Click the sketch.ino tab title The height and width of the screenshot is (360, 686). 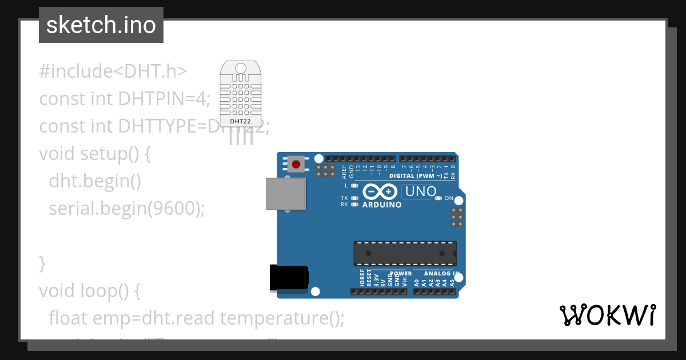101,25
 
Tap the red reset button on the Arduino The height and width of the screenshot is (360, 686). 296,165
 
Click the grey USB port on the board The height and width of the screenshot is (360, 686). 286,193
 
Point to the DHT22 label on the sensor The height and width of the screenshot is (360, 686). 240,121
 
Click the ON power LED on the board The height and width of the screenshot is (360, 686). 438,198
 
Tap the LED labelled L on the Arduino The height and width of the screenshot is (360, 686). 354,186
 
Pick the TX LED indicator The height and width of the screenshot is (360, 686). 354,198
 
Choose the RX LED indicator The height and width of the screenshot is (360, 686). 354,204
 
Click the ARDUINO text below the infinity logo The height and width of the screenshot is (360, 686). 382,205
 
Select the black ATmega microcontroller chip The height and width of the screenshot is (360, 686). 405,253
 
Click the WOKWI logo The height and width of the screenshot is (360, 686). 607,315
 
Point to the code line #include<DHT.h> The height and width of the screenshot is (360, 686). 113,71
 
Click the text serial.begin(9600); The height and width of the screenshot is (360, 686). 126,209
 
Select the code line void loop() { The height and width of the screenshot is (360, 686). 90,291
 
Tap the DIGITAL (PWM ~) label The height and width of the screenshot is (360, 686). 416,176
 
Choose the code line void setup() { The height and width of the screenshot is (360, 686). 95,154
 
